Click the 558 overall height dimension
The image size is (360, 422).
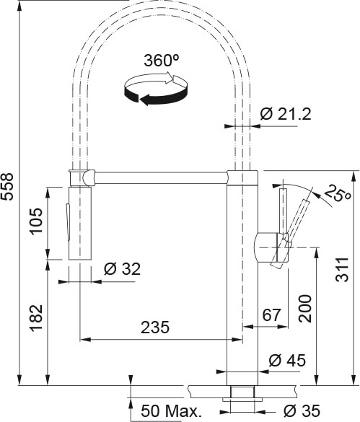[x=6, y=187]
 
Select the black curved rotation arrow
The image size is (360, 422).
[x=156, y=95]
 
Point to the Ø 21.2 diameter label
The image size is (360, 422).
[x=286, y=115]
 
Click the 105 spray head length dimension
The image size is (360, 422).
[x=36, y=221]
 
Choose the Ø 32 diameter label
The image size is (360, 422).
[x=122, y=268]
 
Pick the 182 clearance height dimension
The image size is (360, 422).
[x=36, y=318]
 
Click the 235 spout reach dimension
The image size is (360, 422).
[x=155, y=328]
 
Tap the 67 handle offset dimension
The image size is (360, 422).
[x=271, y=315]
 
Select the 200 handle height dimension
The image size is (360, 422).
[x=304, y=309]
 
